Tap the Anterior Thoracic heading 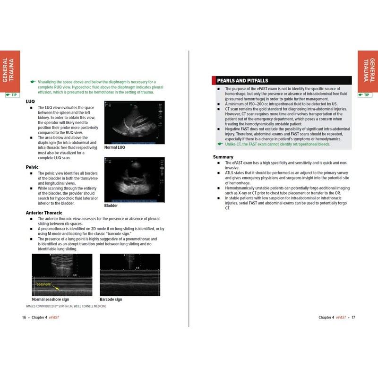[48, 213]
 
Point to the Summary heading [223, 157]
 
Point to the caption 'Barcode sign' [111, 300]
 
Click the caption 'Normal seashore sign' [51, 300]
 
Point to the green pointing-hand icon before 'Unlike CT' [219, 144]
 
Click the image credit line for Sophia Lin [64, 306]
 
